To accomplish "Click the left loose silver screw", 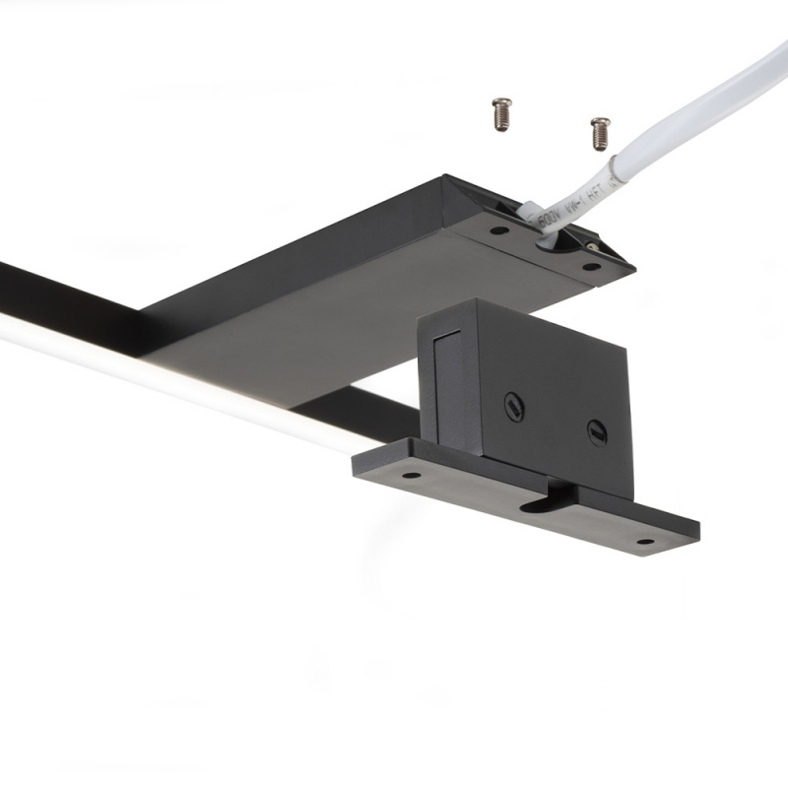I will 502,112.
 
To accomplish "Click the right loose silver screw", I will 599,132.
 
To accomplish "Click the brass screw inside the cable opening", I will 592,238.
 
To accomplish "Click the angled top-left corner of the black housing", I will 448,183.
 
